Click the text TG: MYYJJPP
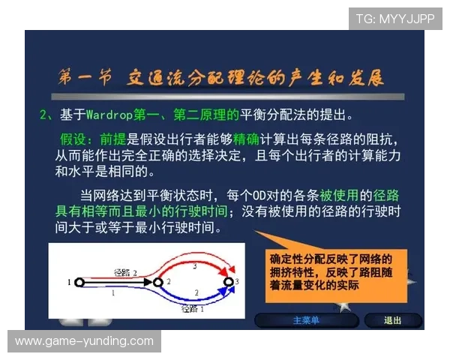(395, 18)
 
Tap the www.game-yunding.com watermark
(83, 341)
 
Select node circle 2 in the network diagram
(157, 283)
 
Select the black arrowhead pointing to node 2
(148, 283)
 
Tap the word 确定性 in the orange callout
(286, 259)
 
